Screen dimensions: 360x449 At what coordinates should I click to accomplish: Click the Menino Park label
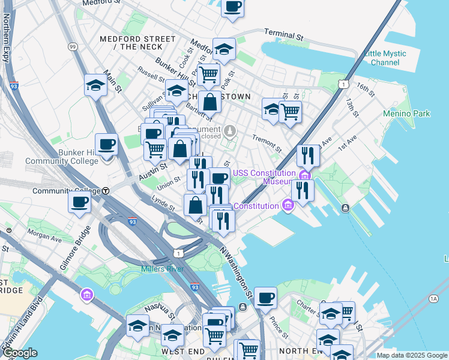(406, 113)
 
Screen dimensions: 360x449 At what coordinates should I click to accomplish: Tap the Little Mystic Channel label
(385, 58)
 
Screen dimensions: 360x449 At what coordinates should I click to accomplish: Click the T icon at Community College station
(105, 191)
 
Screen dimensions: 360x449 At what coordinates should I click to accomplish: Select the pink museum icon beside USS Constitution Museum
(305, 175)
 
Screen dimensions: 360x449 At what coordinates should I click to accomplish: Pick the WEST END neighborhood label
(181, 350)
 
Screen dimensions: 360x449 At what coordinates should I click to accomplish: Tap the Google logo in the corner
(20, 353)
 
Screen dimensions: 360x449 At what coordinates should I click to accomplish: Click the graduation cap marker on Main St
(95, 86)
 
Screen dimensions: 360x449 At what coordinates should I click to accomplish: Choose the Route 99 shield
(73, 46)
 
